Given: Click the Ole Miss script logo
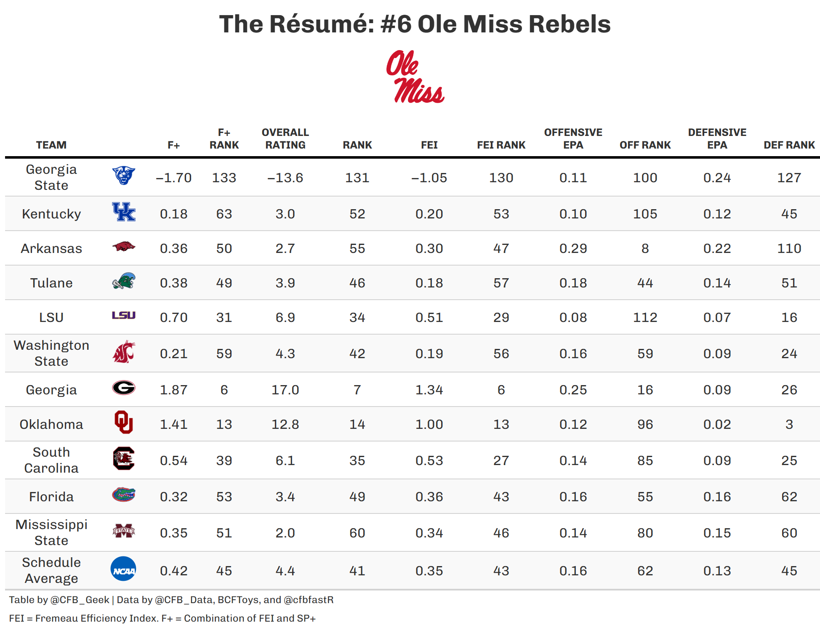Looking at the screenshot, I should pos(415,77).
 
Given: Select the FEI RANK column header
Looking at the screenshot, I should pos(501,145).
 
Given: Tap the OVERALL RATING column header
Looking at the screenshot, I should pos(285,139).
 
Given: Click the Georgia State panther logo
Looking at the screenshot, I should pos(124,176).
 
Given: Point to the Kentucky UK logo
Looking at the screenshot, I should pos(124,212).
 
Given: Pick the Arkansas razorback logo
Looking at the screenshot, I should pos(124,247).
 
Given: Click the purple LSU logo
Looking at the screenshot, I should pos(124,315).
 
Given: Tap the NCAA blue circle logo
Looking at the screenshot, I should pos(123,569).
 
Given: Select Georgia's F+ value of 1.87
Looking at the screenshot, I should pos(173,390).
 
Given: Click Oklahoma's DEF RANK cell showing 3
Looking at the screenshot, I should pos(789,424).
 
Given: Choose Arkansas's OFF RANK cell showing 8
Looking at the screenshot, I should pos(645,248).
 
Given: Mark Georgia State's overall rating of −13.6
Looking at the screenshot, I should pos(285,178).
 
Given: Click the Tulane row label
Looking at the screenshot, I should pos(51,283).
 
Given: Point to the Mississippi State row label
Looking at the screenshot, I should pos(51,532).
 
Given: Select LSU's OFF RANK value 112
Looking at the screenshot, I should pos(645,317).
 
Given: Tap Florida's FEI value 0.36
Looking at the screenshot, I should pos(429,497).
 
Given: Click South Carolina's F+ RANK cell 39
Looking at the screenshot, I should pos(224,460).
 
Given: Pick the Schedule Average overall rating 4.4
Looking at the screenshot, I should pos(285,571).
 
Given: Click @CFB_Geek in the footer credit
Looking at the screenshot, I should pos(80,600).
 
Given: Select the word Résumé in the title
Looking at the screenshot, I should pos(322,24).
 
